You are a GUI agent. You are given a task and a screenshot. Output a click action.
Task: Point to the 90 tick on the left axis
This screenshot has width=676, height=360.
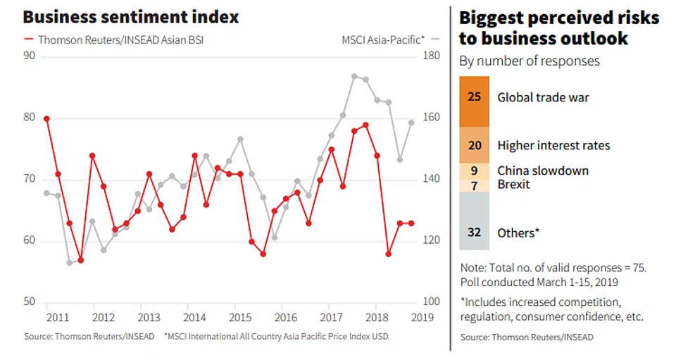coord(30,56)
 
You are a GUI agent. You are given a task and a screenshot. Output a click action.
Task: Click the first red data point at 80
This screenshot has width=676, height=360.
coord(46,118)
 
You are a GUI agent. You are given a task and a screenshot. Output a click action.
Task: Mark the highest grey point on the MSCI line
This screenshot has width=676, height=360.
coord(354,76)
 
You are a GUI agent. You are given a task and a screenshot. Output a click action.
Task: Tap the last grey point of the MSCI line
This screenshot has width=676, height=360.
coord(411,123)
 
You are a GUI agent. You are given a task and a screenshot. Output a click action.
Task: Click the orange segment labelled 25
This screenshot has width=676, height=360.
coord(474,97)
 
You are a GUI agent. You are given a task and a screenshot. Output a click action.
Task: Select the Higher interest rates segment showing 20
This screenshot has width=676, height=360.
coord(474,145)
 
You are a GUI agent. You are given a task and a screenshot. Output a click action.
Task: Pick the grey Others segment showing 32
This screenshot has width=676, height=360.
coord(474,232)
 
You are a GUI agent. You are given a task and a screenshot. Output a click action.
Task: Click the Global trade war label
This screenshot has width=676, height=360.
coord(543,97)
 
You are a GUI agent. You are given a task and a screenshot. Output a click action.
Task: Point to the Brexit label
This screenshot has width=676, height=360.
coord(513,184)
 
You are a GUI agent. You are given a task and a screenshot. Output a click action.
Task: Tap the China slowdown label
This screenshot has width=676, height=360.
coord(542,170)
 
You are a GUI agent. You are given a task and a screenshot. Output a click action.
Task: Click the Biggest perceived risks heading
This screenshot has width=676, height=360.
coord(559,27)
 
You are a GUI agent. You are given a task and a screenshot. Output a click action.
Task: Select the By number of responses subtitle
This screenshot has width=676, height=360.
coord(530,61)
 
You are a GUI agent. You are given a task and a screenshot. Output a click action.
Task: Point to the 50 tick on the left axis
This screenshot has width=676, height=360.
coord(30,302)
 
